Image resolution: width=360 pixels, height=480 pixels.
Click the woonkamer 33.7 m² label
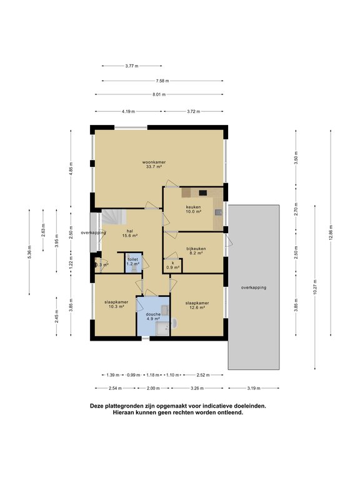154,164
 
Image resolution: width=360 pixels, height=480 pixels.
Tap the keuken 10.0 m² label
194,209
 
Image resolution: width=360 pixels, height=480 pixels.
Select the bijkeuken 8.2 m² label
196,251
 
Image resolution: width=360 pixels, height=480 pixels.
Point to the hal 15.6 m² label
129,233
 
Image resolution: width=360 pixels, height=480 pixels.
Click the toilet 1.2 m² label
133,261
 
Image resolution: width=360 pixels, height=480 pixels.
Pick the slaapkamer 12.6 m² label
197,305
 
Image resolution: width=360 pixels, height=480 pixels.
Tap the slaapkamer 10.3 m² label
116,304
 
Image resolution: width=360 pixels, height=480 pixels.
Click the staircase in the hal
114,217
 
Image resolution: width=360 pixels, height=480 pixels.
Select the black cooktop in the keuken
202,193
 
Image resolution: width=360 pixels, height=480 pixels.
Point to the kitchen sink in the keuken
218,212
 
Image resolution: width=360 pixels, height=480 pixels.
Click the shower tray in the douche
162,329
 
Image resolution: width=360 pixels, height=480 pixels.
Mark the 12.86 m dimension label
331,233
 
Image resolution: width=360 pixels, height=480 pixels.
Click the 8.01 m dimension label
159,94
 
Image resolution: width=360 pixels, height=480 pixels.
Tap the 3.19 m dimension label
254,388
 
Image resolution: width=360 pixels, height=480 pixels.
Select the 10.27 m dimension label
315,287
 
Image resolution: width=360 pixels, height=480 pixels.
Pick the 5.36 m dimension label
29,252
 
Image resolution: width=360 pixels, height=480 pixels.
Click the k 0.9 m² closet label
173,265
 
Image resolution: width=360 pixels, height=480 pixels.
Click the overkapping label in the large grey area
254,287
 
